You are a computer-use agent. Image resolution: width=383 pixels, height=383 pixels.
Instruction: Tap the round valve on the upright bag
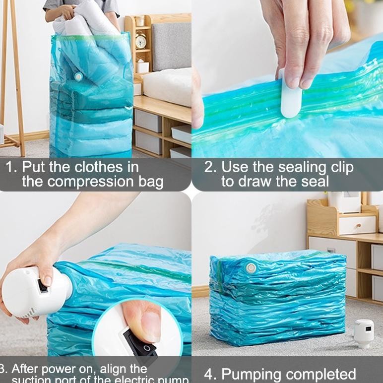[x=78, y=76]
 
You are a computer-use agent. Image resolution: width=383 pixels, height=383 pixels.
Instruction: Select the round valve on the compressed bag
[x=251, y=268]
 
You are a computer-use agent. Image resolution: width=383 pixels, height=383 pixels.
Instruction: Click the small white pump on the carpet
[x=364, y=332]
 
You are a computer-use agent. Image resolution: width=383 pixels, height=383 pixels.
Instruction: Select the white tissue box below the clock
[x=143, y=66]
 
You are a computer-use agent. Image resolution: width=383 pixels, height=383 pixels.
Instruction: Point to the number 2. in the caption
[x=210, y=167]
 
